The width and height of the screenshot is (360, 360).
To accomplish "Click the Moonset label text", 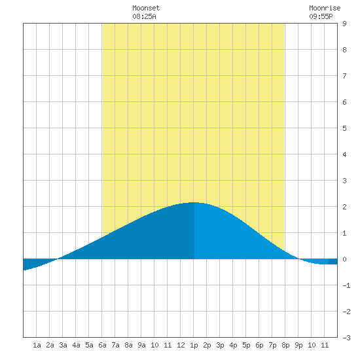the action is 146,8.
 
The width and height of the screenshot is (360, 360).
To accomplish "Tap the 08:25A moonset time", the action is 144,16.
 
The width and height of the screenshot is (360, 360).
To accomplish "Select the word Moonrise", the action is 325,8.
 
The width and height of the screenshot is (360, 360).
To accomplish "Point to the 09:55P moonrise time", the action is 321,16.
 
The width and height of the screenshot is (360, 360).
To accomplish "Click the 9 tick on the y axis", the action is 344,24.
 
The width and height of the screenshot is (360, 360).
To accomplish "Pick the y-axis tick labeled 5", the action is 344,128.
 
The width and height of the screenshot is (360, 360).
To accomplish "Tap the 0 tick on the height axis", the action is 344,259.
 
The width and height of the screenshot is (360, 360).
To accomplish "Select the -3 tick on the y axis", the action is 346,338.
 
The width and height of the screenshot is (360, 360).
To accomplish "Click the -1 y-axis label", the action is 346,285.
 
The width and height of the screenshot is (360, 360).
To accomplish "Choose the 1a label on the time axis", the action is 37,345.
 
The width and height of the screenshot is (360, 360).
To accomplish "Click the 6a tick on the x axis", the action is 102,345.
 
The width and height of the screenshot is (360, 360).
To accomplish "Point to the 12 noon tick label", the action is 181,345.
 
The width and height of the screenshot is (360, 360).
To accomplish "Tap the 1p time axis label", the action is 194,345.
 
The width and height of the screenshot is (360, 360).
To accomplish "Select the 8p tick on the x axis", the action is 285,345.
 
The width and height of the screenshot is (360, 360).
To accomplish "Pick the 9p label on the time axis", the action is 298,345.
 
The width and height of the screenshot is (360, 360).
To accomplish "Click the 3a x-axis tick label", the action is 63,345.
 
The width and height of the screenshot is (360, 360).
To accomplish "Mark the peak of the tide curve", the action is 194,202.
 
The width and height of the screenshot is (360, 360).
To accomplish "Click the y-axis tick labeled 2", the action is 344,207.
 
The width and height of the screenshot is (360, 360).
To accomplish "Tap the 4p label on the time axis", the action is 233,345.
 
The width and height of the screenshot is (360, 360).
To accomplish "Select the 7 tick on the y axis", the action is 344,76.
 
